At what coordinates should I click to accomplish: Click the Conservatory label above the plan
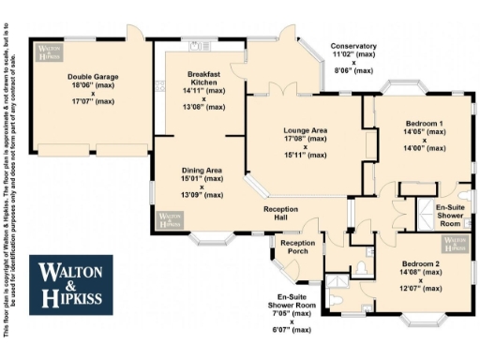pyautogui.click(x=353, y=46)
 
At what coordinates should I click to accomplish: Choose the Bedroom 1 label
pyautogui.click(x=425, y=124)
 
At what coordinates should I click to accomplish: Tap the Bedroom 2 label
pyautogui.click(x=420, y=264)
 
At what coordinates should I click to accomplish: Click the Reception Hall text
pyautogui.click(x=281, y=213)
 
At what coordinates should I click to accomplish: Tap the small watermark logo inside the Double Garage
pyautogui.click(x=47, y=52)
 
